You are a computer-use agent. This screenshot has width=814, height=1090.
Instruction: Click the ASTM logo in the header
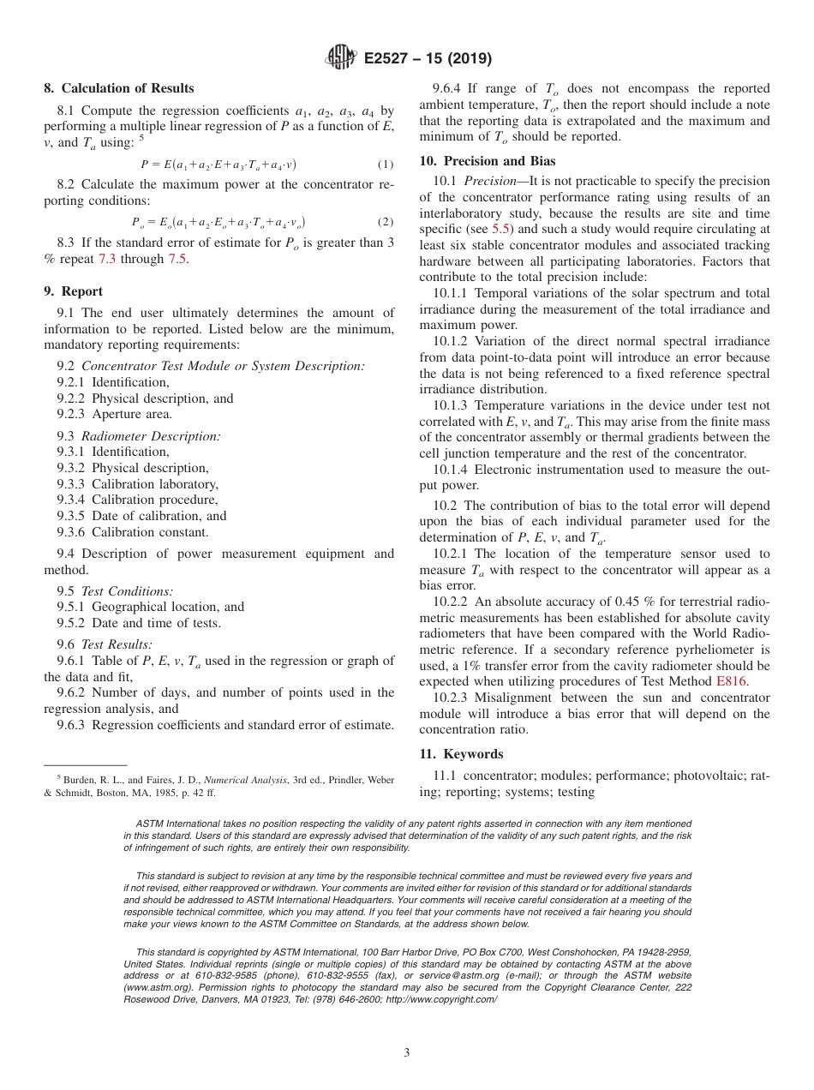click(x=341, y=58)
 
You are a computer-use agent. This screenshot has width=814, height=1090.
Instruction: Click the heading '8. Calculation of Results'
click(x=119, y=88)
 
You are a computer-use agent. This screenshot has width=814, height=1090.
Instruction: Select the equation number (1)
click(x=385, y=164)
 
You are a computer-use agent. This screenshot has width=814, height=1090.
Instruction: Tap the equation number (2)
click(x=385, y=222)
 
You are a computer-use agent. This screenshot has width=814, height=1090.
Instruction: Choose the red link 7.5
click(x=176, y=259)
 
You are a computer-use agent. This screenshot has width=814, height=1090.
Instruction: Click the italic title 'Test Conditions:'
click(x=127, y=590)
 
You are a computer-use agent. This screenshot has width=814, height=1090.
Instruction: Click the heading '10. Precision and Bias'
click(x=487, y=160)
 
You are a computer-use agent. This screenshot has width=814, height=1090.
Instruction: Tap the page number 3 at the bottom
click(x=407, y=1052)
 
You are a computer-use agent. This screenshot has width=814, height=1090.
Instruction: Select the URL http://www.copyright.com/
click(x=440, y=999)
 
